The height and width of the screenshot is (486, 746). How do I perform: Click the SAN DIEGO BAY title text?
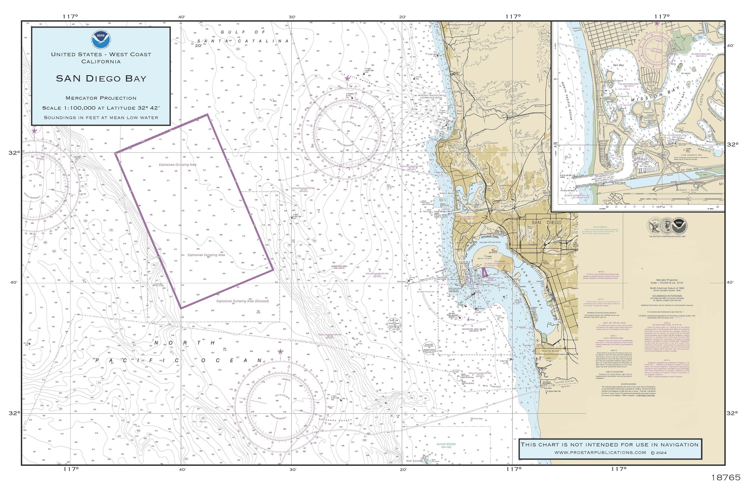pos(101,79)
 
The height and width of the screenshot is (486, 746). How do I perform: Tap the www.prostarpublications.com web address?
pos(600,452)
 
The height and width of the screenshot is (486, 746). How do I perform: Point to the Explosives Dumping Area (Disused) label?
pos(242,301)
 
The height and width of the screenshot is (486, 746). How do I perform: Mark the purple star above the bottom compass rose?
pos(280,351)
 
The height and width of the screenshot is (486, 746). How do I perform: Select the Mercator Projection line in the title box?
pos(101,98)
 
